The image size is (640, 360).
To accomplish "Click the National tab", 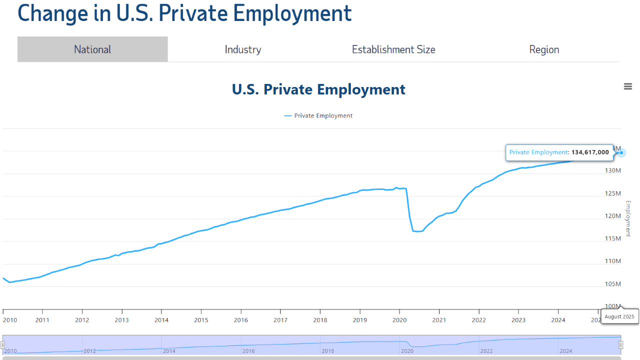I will [92, 49].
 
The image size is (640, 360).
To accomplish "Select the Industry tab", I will [243, 49].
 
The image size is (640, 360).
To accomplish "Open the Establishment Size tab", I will [393, 49].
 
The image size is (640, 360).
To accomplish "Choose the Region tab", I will [544, 49].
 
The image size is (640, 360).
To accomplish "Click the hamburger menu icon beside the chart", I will [628, 86].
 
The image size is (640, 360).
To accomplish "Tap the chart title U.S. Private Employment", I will [318, 89].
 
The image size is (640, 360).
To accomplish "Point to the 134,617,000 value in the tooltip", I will [590, 152].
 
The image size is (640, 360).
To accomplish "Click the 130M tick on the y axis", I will [612, 170].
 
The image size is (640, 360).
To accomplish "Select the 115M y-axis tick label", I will [612, 238].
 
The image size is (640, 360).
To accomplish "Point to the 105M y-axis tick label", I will [612, 284].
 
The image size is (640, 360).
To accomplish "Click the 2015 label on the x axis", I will [201, 320].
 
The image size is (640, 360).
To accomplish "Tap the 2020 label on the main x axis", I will [399, 320].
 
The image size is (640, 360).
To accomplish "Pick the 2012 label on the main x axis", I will [82, 320].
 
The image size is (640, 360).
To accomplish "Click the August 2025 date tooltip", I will [619, 316].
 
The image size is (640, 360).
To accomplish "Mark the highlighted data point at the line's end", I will [621, 152].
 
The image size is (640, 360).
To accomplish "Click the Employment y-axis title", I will [628, 218].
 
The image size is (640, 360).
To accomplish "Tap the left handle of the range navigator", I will [2, 345].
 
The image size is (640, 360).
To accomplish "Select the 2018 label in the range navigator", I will [328, 351].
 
